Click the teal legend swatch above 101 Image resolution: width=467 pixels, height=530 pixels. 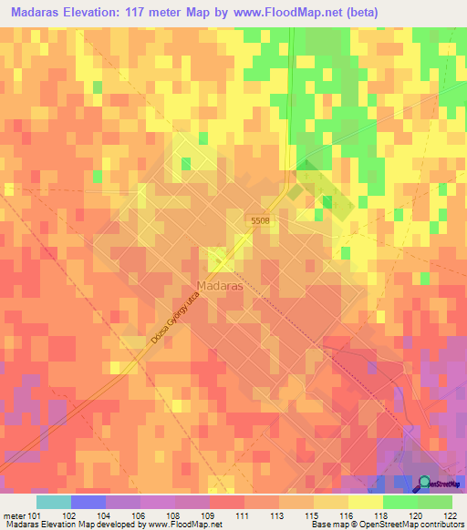(x=53, y=502)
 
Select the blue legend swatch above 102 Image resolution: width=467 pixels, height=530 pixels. (x=88, y=502)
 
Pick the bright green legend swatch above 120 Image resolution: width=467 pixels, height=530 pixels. (x=400, y=502)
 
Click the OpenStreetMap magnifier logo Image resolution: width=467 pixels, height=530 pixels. (x=424, y=483)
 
